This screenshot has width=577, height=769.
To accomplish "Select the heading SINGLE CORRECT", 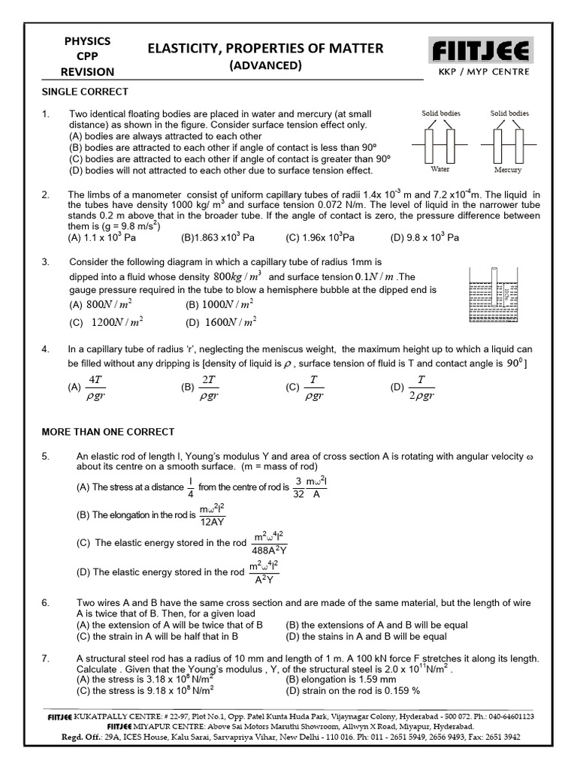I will pos(84,92).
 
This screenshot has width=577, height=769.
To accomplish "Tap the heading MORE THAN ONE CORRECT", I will pos(107,432).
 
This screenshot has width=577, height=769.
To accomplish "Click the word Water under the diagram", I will pos(440,170).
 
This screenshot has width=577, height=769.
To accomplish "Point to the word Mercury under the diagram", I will pos(508,170).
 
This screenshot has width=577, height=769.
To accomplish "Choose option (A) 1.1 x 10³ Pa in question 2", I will pos(102,237).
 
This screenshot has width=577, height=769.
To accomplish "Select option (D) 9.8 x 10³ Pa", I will pos(424,237).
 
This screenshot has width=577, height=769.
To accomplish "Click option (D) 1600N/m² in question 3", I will pos(222,322).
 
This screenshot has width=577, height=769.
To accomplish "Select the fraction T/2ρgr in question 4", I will pos(421,388).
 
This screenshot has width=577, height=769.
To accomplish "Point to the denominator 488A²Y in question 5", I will pos(269,550).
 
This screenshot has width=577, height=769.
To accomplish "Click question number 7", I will pos(46,659).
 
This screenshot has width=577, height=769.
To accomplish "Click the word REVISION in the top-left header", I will pos(89,72).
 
